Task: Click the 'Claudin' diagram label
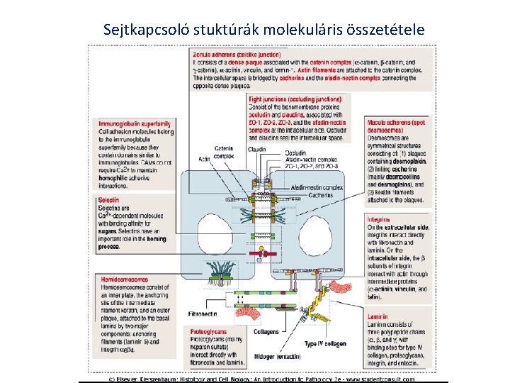pos(257,149)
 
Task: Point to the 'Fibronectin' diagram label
pos(203,313)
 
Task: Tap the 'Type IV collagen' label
pos(325,344)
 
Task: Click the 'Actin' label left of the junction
pos(205,157)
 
